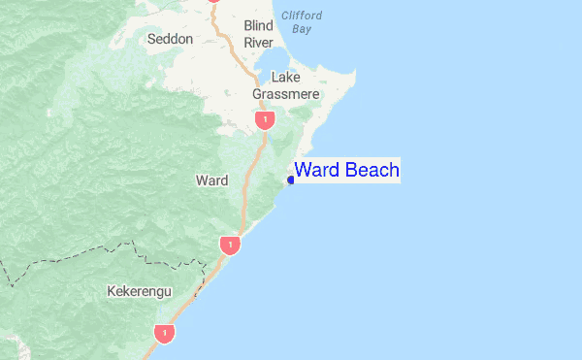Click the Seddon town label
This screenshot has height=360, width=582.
pyautogui.click(x=170, y=39)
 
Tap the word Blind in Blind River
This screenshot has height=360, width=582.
pyautogui.click(x=259, y=25)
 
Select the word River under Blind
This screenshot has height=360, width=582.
pyautogui.click(x=259, y=43)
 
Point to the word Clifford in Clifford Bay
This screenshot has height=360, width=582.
pyautogui.click(x=301, y=16)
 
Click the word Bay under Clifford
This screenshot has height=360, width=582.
pyautogui.click(x=302, y=29)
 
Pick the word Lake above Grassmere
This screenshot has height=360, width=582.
pyautogui.click(x=286, y=77)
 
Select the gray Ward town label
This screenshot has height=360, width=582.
pyautogui.click(x=211, y=180)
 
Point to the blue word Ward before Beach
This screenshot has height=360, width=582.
pyautogui.click(x=317, y=171)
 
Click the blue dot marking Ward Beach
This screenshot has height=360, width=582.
pyautogui.click(x=291, y=180)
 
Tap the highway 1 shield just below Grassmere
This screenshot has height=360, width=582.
pyautogui.click(x=264, y=119)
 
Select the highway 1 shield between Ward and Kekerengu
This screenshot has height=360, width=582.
pyautogui.click(x=229, y=245)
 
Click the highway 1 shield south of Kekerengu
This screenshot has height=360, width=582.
pyautogui.click(x=165, y=333)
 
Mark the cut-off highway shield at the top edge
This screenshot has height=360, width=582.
pyautogui.click(x=215, y=2)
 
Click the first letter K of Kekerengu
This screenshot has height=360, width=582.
pyautogui.click(x=112, y=291)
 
